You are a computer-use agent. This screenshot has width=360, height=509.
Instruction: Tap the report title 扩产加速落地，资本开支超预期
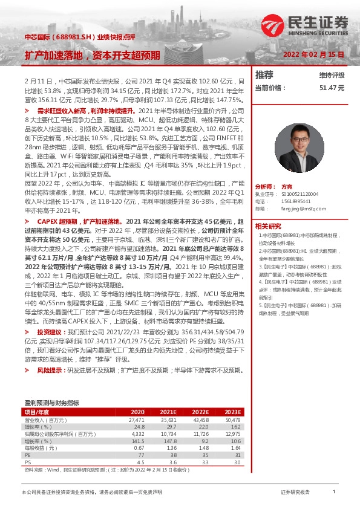click(92, 55)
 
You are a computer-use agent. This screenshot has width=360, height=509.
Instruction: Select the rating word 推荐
click(264, 75)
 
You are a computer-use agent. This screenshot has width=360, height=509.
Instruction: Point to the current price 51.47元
click(332, 88)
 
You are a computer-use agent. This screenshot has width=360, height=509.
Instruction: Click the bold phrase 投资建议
click(50, 332)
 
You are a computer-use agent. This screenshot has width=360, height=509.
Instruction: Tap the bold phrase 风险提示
click(50, 369)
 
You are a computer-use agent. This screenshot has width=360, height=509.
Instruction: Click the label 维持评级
click(332, 75)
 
